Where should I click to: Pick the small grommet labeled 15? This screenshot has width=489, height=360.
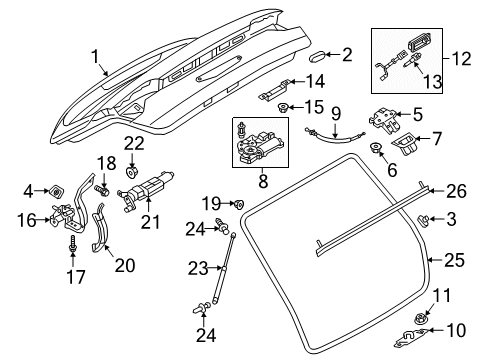(284, 108)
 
